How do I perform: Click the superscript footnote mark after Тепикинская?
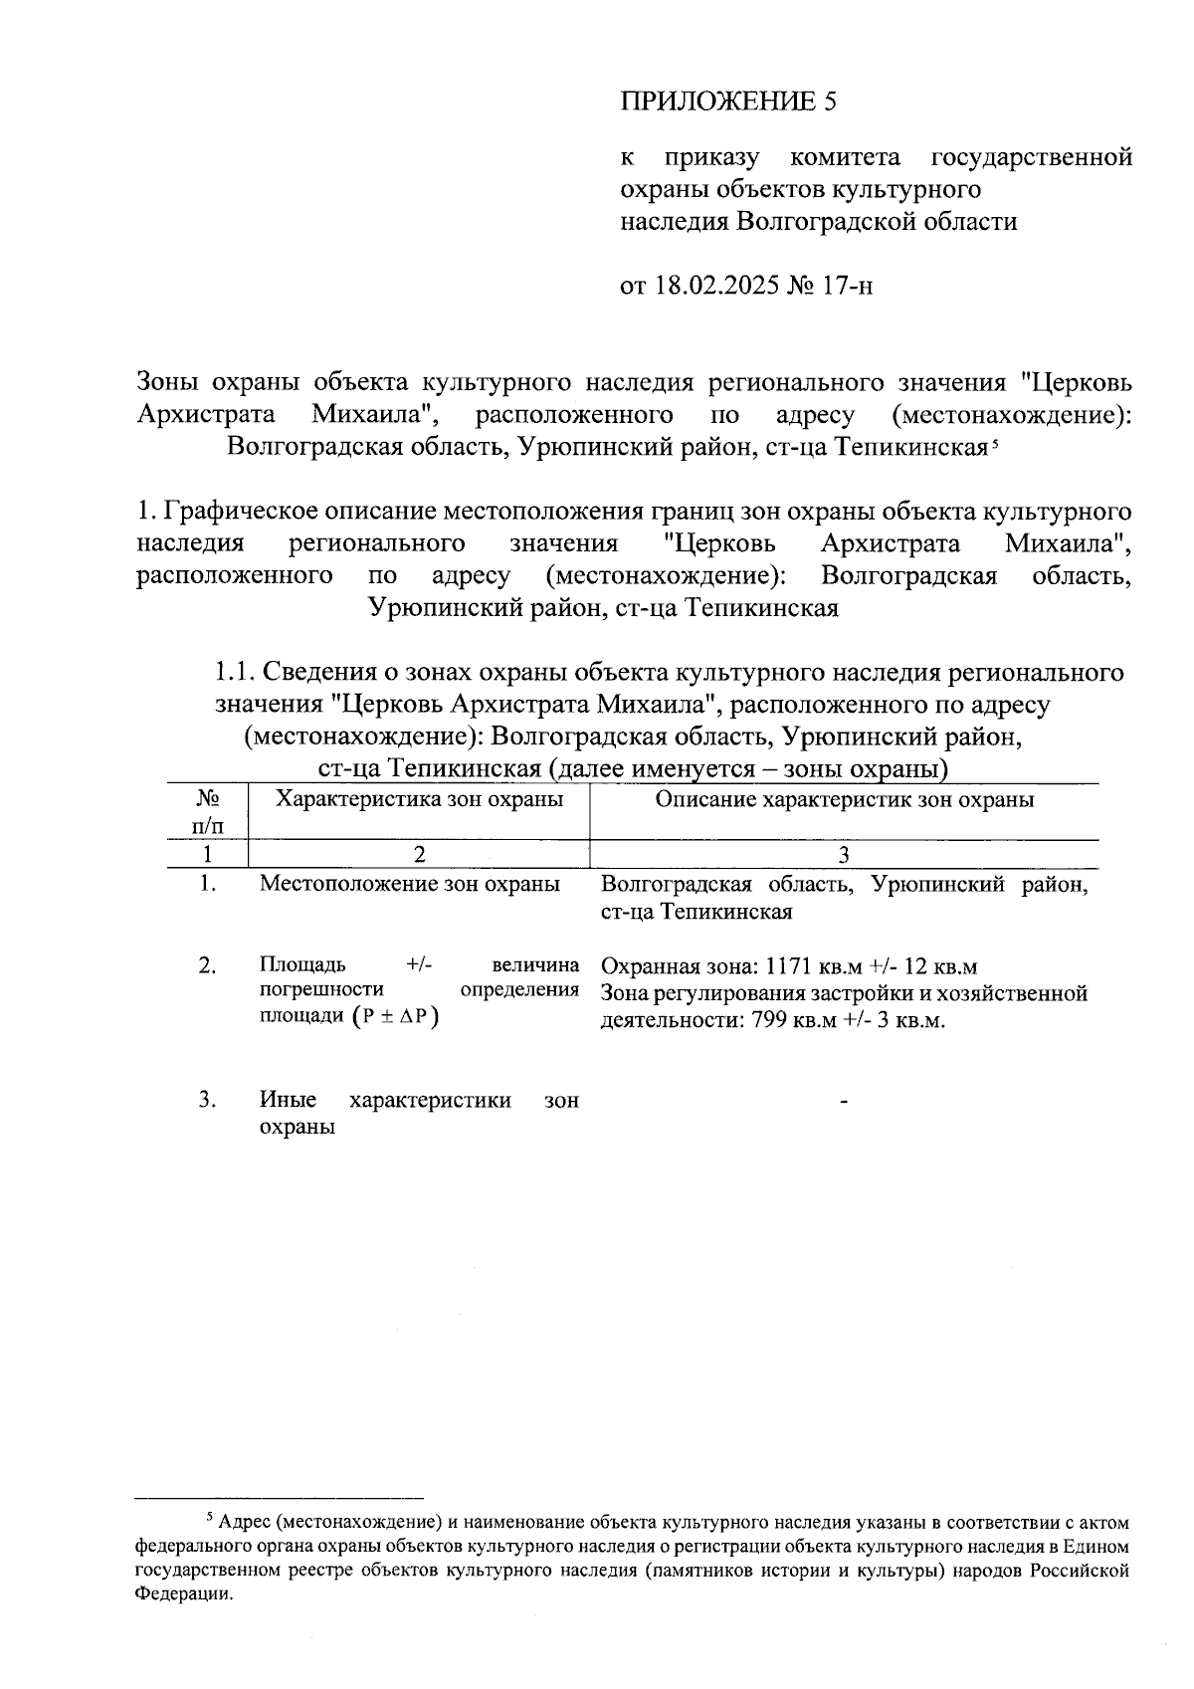pyautogui.click(x=993, y=441)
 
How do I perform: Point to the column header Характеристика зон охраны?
pyautogui.click(x=419, y=799)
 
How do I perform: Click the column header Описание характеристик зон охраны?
pyautogui.click(x=844, y=799)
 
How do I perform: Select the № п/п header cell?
pyautogui.click(x=207, y=812)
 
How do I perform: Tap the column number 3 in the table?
pyautogui.click(x=844, y=854)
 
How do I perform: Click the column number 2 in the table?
pyautogui.click(x=419, y=854)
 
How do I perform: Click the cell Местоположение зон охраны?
pyautogui.click(x=409, y=884)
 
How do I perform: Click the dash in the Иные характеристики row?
pyautogui.click(x=844, y=1101)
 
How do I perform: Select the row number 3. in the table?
pyautogui.click(x=207, y=1100)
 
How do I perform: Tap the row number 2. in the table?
pyautogui.click(x=207, y=965)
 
